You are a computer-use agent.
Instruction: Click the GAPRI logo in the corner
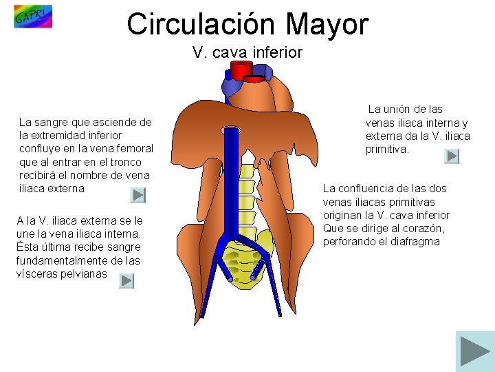(x=32, y=17)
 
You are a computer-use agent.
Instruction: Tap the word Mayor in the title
(x=328, y=24)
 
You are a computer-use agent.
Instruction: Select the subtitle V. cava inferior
(x=247, y=52)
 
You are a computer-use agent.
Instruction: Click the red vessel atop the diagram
(x=241, y=70)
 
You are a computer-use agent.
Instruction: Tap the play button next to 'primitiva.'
(x=452, y=156)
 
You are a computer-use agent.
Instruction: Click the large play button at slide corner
(x=474, y=351)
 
